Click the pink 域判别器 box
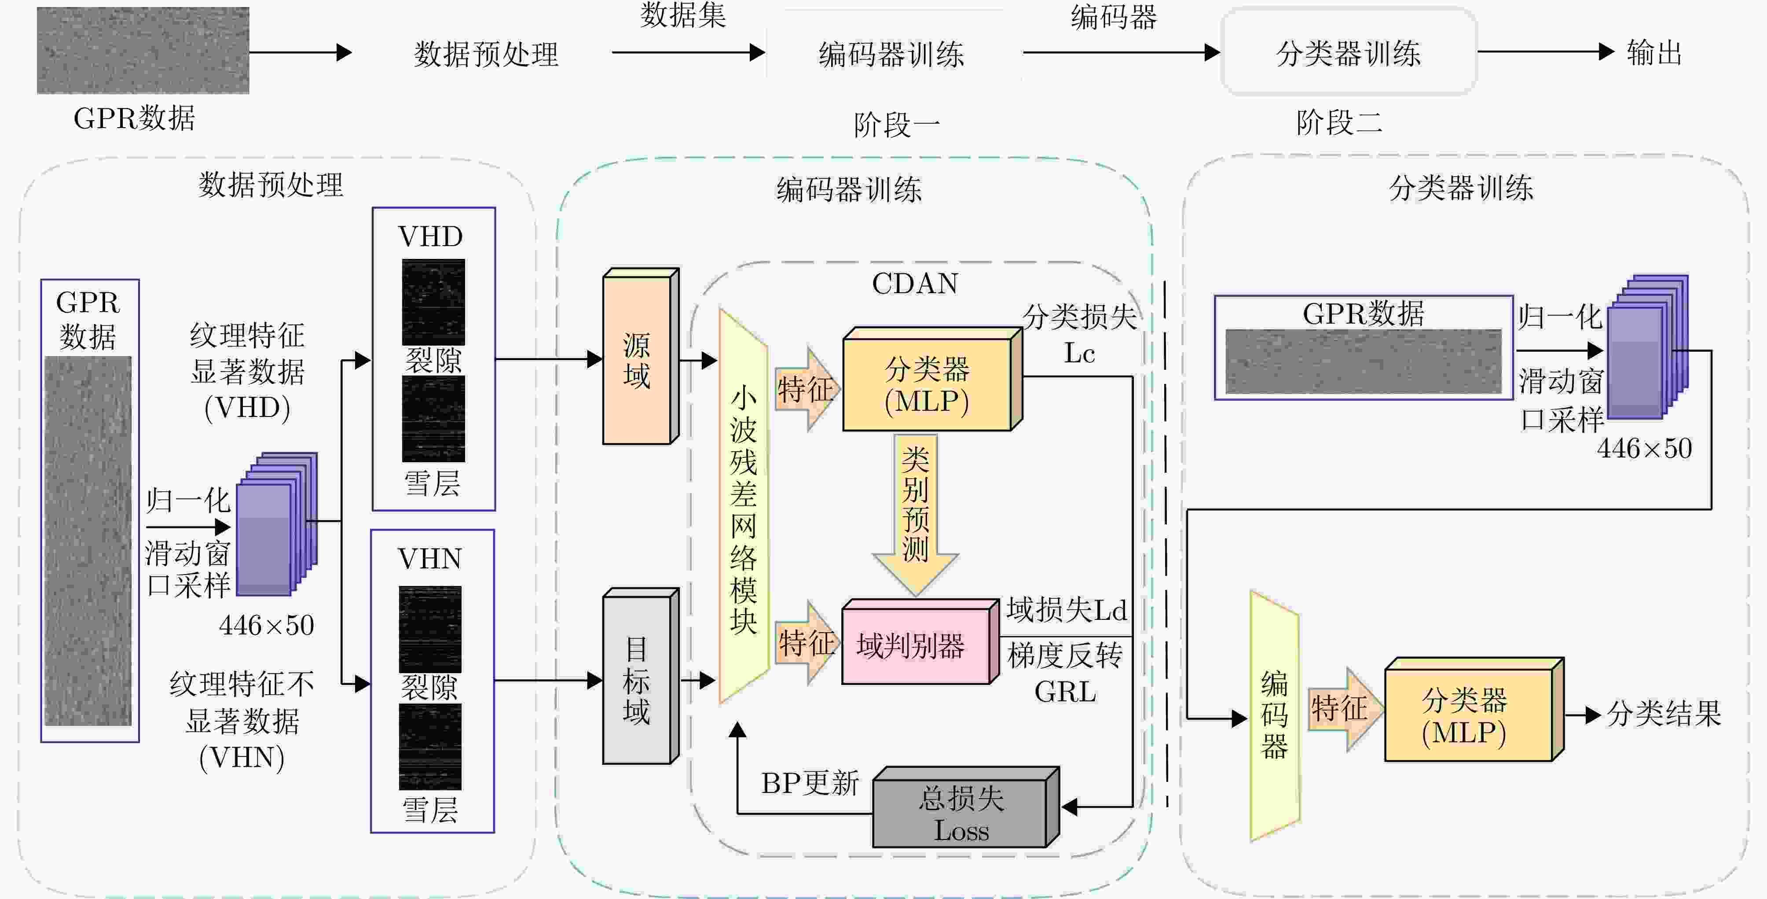916,645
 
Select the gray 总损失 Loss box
960,813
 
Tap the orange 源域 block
637,360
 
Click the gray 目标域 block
637,679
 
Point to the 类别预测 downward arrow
915,511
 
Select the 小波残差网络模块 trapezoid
743,508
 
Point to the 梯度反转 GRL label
1065,673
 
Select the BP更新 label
810,783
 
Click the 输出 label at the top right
1654,53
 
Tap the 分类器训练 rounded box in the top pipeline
1348,53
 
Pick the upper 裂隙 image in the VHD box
433,302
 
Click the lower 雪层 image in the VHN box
430,747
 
